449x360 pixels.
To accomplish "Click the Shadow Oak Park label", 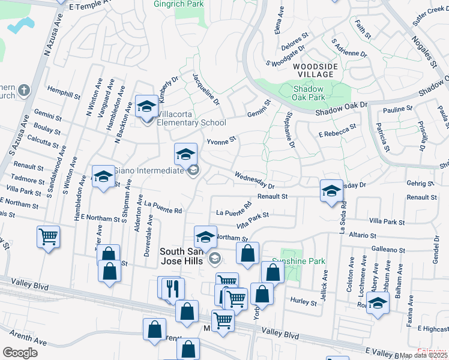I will tap(309, 92).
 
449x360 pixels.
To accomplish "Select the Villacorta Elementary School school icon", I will tap(146, 107).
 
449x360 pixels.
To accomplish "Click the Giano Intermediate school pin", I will tap(186, 155).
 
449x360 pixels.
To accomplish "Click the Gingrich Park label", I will tap(179, 4).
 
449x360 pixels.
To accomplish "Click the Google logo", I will tap(20, 352).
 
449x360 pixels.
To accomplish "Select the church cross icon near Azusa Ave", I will tap(23, 91).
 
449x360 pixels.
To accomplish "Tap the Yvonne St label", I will tap(222, 141).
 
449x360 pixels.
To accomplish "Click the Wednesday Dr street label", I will tap(254, 181).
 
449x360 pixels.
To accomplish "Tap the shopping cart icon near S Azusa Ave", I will tap(48, 236).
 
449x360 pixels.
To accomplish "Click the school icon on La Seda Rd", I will tap(331, 191).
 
